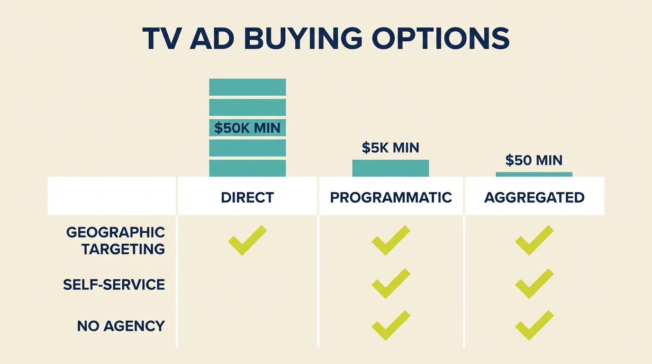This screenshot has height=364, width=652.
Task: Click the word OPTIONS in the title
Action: [441, 38]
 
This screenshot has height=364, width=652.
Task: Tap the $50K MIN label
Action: [247, 127]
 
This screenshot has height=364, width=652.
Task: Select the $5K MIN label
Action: [390, 147]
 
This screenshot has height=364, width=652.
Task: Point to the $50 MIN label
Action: [534, 160]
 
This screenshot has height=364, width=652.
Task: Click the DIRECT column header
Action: [247, 197]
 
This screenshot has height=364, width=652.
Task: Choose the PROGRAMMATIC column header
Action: [391, 197]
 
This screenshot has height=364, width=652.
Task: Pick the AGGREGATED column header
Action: [534, 197]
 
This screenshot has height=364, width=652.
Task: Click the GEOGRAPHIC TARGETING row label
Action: [116, 240]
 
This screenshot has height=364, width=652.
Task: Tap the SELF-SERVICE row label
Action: [114, 284]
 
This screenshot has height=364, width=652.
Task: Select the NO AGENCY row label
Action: [121, 326]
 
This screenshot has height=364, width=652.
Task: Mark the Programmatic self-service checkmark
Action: [390, 283]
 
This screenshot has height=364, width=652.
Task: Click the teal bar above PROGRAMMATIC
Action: [390, 168]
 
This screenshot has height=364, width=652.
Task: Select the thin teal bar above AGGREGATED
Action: [534, 174]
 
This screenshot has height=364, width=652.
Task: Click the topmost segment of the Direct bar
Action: [247, 87]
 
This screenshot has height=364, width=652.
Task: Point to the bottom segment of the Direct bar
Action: [247, 168]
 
